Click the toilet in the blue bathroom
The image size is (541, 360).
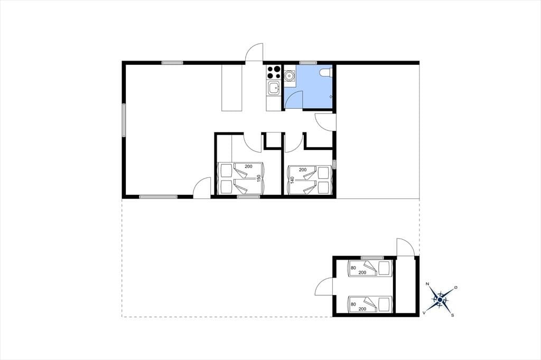tap(325, 72)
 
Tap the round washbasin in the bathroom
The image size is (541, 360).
tap(289, 74)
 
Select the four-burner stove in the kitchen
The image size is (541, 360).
tap(274, 72)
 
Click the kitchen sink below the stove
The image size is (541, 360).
tap(274, 88)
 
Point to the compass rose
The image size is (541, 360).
tap(440, 299)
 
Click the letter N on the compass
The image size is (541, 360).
tap(427, 284)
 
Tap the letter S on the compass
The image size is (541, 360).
tap(452, 315)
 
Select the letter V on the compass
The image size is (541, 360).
tap(424, 313)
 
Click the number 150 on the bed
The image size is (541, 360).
tap(258, 178)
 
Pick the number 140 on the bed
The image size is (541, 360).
tap(292, 180)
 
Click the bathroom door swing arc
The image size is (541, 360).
tap(293, 99)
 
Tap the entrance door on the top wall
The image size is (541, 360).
tap(254, 52)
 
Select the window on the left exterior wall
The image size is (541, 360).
tap(124, 120)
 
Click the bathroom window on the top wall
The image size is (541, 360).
tap(308, 63)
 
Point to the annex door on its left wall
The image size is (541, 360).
tap(324, 287)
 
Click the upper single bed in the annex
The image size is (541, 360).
tap(370, 269)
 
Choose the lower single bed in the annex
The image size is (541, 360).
tap(370, 304)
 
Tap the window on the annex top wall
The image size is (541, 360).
tap(372, 258)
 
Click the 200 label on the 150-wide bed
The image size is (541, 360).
tap(248, 166)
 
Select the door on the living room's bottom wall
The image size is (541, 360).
tap(202, 188)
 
